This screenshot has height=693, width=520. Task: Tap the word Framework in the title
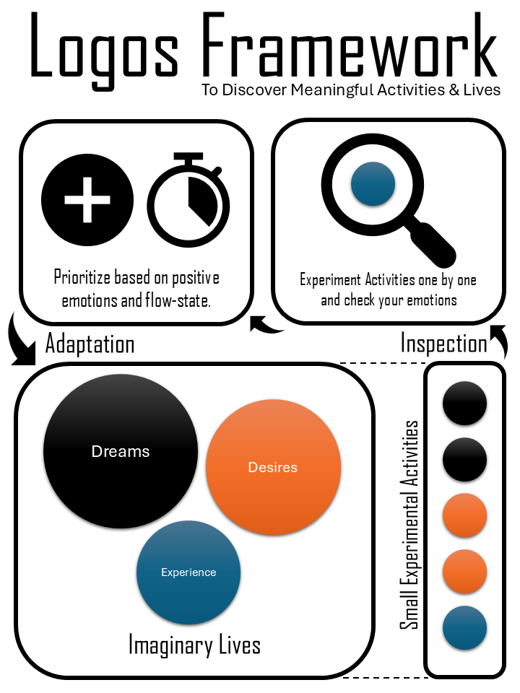350,44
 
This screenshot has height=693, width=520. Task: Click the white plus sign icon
87,200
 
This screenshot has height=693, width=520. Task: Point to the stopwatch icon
188,200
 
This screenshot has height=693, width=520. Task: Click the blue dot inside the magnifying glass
373,184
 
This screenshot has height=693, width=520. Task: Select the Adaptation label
90,344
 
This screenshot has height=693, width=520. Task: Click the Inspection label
443,343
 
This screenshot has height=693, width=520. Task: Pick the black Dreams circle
121,451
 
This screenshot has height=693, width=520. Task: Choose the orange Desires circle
273,467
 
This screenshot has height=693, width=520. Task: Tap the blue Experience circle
188,572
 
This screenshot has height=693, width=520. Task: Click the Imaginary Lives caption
194,645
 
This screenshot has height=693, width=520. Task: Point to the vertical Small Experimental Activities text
409,525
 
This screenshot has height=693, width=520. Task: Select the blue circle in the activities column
464,627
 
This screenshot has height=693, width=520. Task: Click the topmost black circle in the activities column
464,403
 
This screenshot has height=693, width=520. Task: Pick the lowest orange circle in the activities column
464,572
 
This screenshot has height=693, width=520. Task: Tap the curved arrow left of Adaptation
20,340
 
